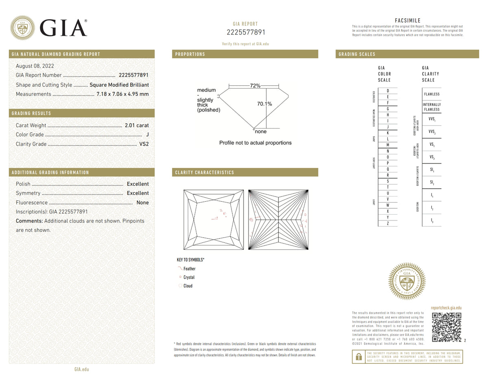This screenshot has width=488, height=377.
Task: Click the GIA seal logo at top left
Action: (22, 28)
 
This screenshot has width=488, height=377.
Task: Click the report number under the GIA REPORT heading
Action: (245, 33)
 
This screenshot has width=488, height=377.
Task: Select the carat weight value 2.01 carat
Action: (137, 125)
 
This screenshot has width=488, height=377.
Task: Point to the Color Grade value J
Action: (147, 135)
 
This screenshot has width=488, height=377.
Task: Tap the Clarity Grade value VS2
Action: (144, 144)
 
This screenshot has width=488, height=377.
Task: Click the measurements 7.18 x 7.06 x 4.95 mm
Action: (122, 94)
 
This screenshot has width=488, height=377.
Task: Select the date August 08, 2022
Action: (35, 66)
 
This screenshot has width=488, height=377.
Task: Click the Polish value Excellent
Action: (137, 184)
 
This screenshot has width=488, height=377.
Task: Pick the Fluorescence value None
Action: (142, 203)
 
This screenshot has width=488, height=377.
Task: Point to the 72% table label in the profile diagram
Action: (255, 86)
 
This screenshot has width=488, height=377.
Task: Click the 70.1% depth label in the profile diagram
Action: (264, 104)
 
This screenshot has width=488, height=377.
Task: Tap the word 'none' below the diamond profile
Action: (261, 132)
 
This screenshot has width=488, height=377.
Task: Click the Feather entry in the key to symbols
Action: (189, 268)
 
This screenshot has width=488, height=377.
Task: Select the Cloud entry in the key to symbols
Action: (188, 286)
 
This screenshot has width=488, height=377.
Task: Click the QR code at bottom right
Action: (446, 327)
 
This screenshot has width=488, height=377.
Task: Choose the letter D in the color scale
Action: (388, 90)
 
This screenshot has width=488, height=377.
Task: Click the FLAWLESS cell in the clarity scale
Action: (431, 94)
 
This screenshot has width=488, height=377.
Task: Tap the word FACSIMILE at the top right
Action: (407, 21)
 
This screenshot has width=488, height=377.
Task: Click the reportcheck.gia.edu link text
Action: (446, 308)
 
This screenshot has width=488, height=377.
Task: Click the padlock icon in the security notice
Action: (358, 357)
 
